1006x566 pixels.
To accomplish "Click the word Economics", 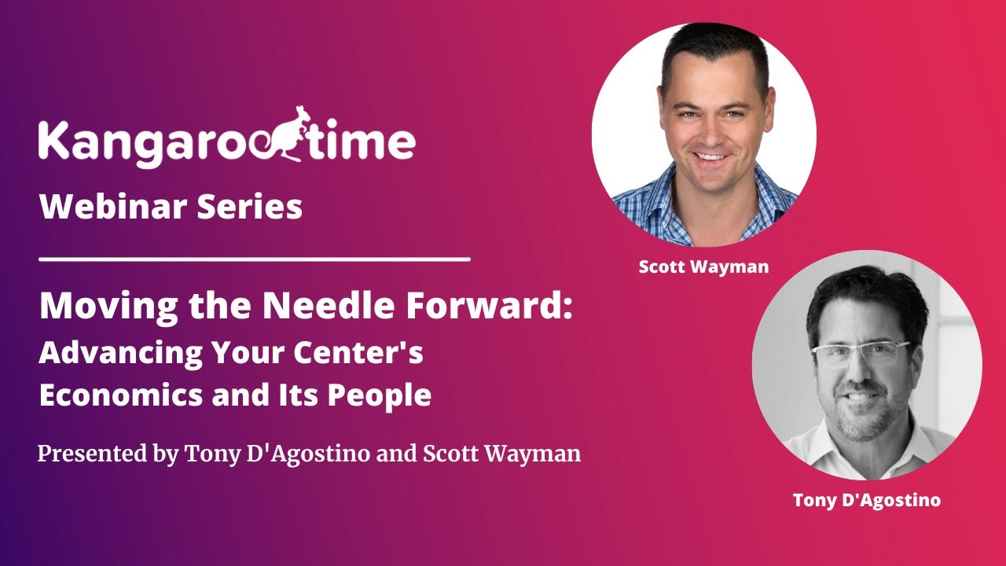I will point(119,395).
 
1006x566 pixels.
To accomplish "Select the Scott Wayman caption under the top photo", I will point(703,266).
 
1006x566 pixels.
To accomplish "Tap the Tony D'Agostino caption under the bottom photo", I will point(866,500).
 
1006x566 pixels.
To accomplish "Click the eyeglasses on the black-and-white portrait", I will point(861,353).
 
